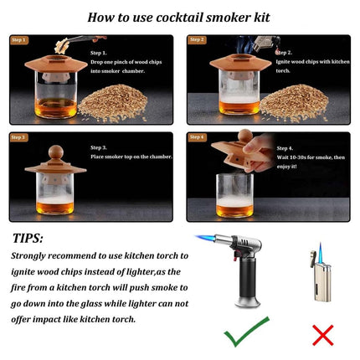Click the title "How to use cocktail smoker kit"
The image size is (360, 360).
[180, 15]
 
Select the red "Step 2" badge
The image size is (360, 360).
[198, 39]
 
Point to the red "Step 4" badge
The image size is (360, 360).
[198, 136]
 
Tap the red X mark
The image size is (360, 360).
[322, 335]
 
